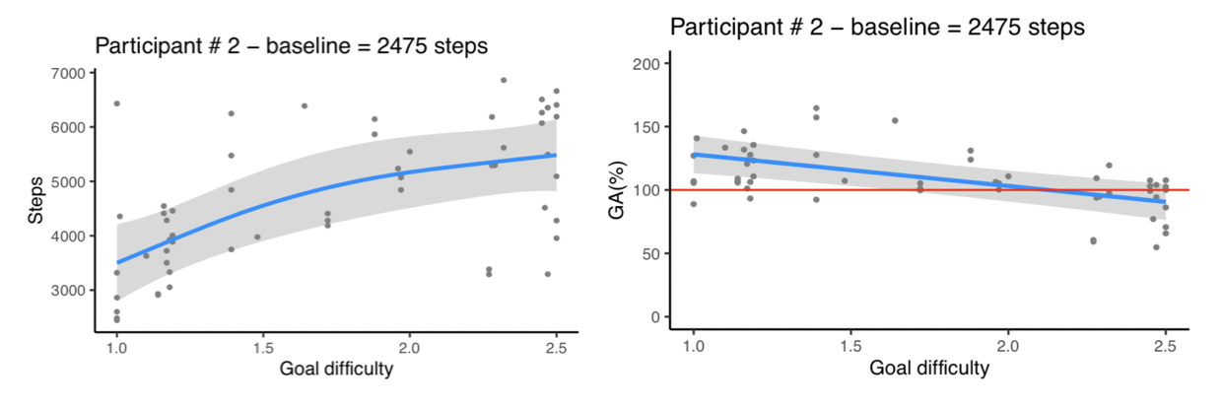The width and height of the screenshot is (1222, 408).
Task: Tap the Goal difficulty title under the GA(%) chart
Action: (x=929, y=371)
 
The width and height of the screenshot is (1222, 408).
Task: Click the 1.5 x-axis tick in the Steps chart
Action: (x=263, y=347)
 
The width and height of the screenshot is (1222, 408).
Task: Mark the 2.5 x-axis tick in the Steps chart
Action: (x=556, y=347)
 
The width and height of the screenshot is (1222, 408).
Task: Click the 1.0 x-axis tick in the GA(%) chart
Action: (x=693, y=347)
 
